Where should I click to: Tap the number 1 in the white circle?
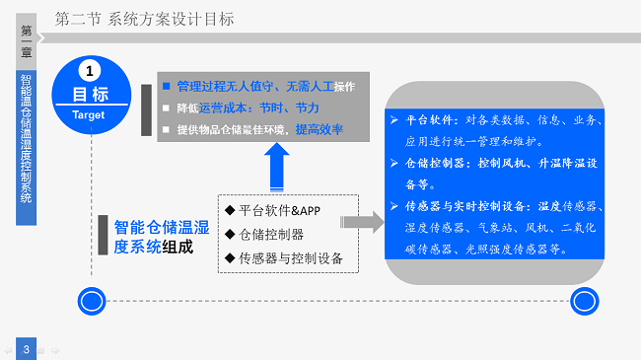[x=91, y=71]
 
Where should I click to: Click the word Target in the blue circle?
[x=90, y=114]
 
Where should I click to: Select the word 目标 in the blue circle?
[x=91, y=95]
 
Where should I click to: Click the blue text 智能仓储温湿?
[x=162, y=227]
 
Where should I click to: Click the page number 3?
[x=27, y=348]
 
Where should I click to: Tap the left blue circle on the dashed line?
[x=92, y=300]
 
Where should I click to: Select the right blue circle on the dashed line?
[x=584, y=300]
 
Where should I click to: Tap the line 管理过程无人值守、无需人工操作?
[x=265, y=86]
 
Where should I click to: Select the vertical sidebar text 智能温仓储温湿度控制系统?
[x=27, y=148]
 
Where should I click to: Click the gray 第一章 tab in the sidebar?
[x=27, y=39]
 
